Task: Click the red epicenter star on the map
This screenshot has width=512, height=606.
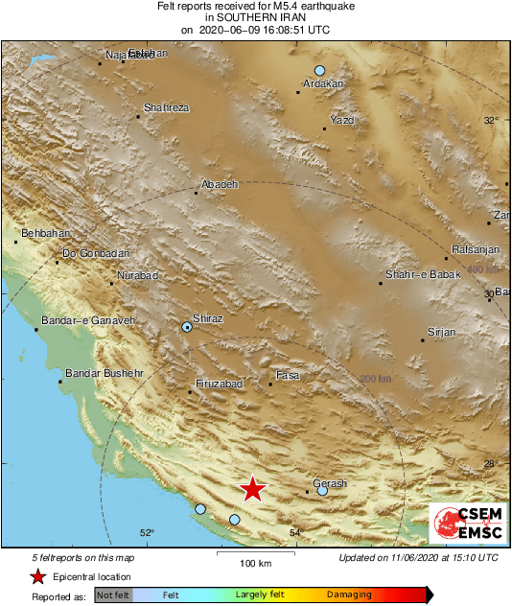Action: pos(252,489)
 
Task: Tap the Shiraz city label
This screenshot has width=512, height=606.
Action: pos(208,317)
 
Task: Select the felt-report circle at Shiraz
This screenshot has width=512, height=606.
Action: pos(187,327)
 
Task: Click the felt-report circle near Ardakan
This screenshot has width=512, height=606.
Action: pos(320,70)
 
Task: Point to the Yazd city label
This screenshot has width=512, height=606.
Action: pos(341,120)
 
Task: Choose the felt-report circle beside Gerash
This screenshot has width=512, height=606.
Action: pos(322,491)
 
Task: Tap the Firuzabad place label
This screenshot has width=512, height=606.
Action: pos(219,384)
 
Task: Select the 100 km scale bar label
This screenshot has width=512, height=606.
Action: pos(253,563)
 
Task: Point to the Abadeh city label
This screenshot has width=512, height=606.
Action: pos(219,184)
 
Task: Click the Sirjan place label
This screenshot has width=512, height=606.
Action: pos(441,331)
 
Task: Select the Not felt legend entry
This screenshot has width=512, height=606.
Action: pos(113,594)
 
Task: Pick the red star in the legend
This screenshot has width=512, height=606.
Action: pos(37,576)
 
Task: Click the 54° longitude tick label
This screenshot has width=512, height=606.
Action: pos(295,533)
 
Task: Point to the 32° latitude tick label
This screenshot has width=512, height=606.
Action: pos(491,120)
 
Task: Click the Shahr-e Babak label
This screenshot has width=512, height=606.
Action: pos(416,275)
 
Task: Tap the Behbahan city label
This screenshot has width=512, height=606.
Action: pos(44,233)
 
